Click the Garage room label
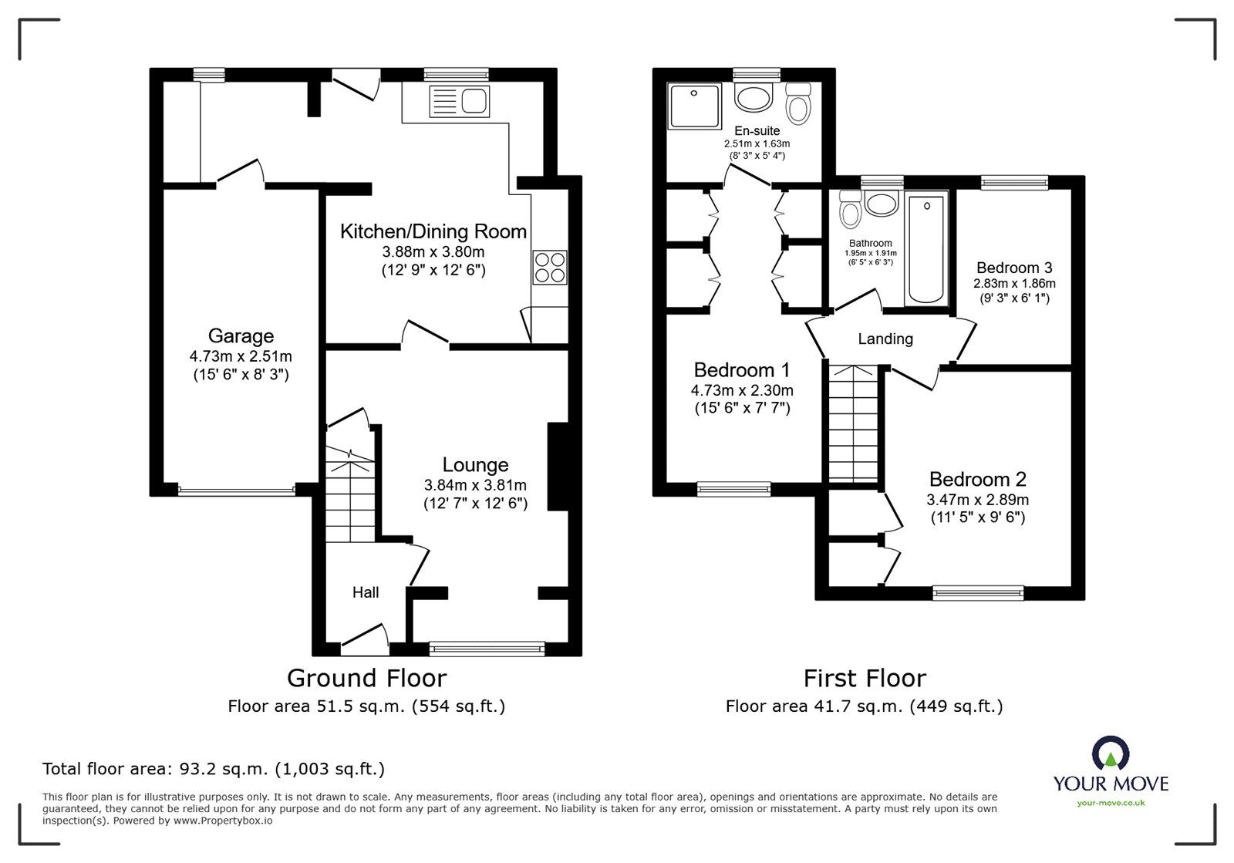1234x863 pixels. (241, 336)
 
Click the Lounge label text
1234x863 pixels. (475, 465)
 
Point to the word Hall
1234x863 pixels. (366, 592)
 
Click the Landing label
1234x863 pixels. (885, 339)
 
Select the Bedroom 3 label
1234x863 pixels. (1014, 268)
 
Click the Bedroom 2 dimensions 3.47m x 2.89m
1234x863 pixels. (977, 500)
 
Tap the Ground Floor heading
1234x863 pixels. (366, 678)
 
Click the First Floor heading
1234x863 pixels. (865, 678)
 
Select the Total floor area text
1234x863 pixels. (214, 769)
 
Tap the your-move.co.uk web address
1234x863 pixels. (1111, 804)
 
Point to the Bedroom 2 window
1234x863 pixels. (978, 592)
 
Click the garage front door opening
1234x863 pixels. (237, 489)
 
